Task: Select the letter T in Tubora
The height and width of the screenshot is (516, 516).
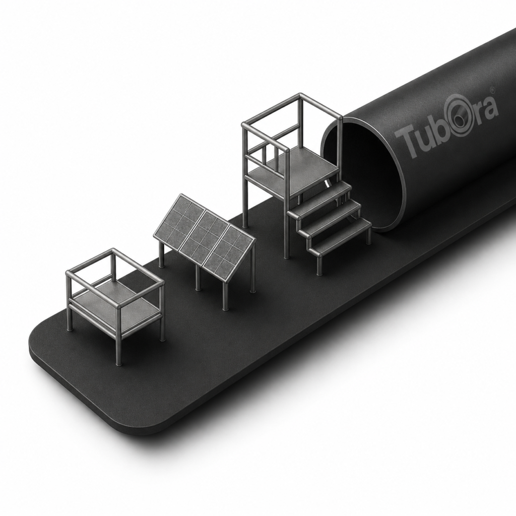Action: click(405, 141)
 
